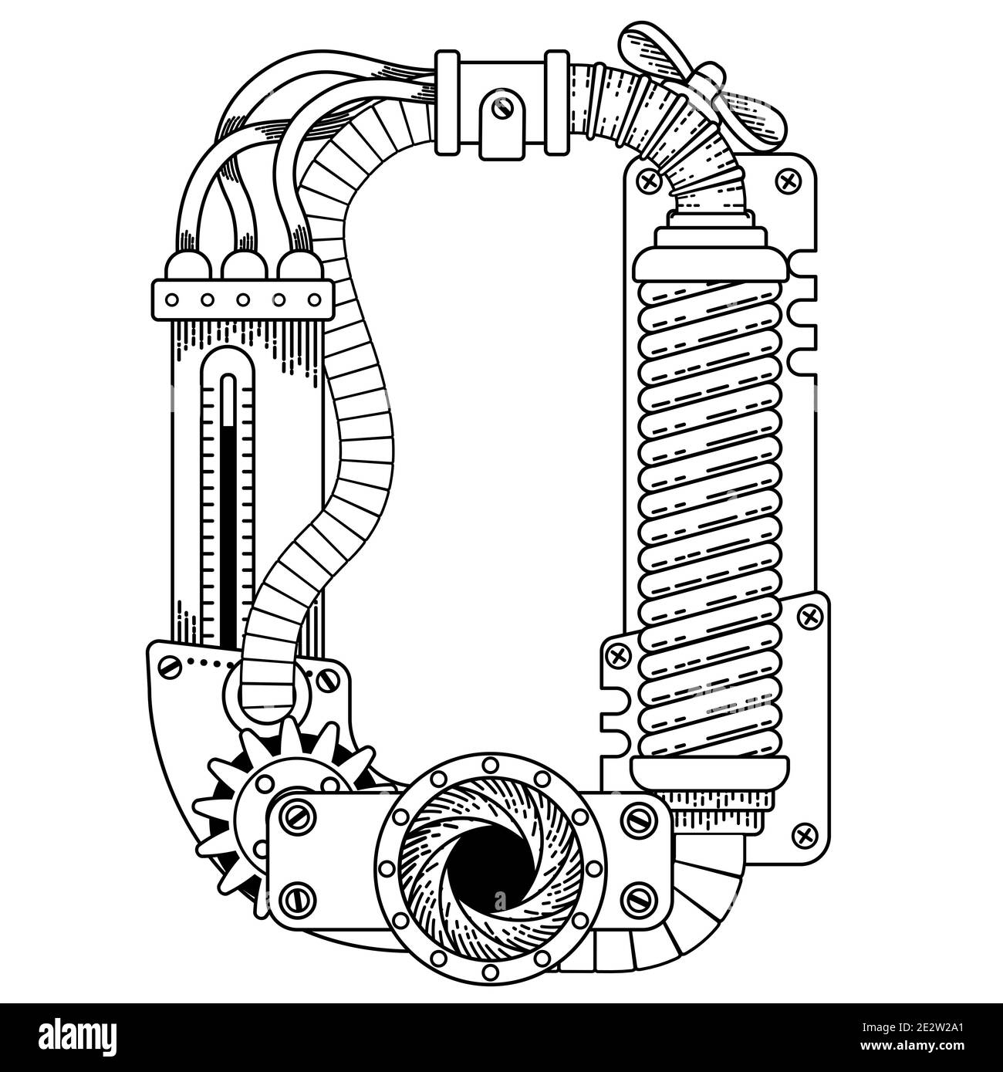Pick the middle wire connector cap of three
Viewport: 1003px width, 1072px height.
(x=244, y=265)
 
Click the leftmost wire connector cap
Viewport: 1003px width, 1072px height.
(x=187, y=265)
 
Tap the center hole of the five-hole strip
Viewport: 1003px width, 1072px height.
(x=243, y=299)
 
